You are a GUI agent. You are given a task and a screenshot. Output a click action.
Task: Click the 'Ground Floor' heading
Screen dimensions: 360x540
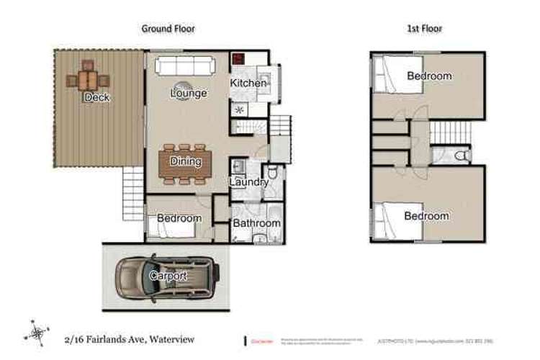pos(167,29)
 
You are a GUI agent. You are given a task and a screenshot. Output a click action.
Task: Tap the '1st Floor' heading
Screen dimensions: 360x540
pos(425,29)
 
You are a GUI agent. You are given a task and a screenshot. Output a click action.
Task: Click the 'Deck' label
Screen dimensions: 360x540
pos(97,97)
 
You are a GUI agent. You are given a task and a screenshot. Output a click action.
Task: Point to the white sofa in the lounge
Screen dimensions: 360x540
pos(184,68)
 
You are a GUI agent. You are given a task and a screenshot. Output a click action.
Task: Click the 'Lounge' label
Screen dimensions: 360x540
pos(189,94)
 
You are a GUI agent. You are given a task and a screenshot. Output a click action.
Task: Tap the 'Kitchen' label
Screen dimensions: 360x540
pos(248,84)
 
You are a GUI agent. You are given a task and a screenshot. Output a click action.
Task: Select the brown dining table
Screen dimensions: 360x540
pos(186,162)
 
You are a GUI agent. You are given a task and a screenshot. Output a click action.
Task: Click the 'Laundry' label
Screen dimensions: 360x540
pos(249,182)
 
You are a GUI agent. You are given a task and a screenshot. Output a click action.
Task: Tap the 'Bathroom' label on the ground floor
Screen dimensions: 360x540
pos(256,223)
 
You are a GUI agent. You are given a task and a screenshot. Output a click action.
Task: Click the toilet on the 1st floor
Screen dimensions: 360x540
pos(464,155)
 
